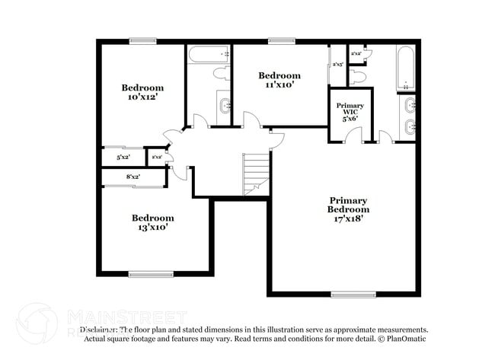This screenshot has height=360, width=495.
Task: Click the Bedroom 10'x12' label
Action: click(x=143, y=92)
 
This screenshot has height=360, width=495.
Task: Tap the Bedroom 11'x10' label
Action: click(x=279, y=80)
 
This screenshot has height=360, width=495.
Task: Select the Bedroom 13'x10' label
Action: click(x=152, y=221)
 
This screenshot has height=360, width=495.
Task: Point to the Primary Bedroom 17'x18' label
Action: click(x=348, y=209)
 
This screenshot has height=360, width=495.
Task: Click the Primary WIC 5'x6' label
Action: click(x=350, y=113)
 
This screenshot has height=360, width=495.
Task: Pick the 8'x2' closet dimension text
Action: click(x=133, y=177)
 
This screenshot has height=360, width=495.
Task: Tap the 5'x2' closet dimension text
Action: click(x=123, y=157)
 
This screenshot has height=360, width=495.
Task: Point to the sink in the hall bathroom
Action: click(x=224, y=104)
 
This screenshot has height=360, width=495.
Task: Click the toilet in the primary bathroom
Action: click(x=360, y=78)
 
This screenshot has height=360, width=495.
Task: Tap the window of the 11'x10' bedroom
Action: click(x=280, y=41)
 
